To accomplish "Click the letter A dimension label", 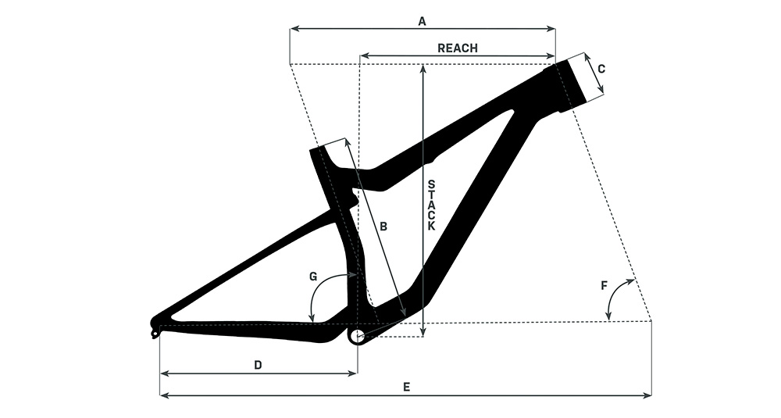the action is pyautogui.click(x=422, y=21).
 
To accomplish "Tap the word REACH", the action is pyautogui.click(x=457, y=48).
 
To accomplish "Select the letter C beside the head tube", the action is pyautogui.click(x=601, y=69).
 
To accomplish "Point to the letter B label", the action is pyautogui.click(x=383, y=227).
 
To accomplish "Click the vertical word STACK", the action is pyautogui.click(x=431, y=205).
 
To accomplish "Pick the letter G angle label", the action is pyautogui.click(x=313, y=277).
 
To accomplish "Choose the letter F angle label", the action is pyautogui.click(x=604, y=285).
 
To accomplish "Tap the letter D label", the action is pyautogui.click(x=258, y=365).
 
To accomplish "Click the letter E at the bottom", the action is pyautogui.click(x=407, y=387).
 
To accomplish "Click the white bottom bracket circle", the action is pyautogui.click(x=357, y=336).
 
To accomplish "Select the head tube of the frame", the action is pyautogui.click(x=572, y=82).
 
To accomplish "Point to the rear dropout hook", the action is pyautogui.click(x=156, y=329).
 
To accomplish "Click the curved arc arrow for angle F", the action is pyautogui.click(x=614, y=294).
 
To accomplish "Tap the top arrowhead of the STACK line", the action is pyautogui.click(x=423, y=68).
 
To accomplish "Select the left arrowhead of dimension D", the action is pyautogui.click(x=164, y=373).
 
